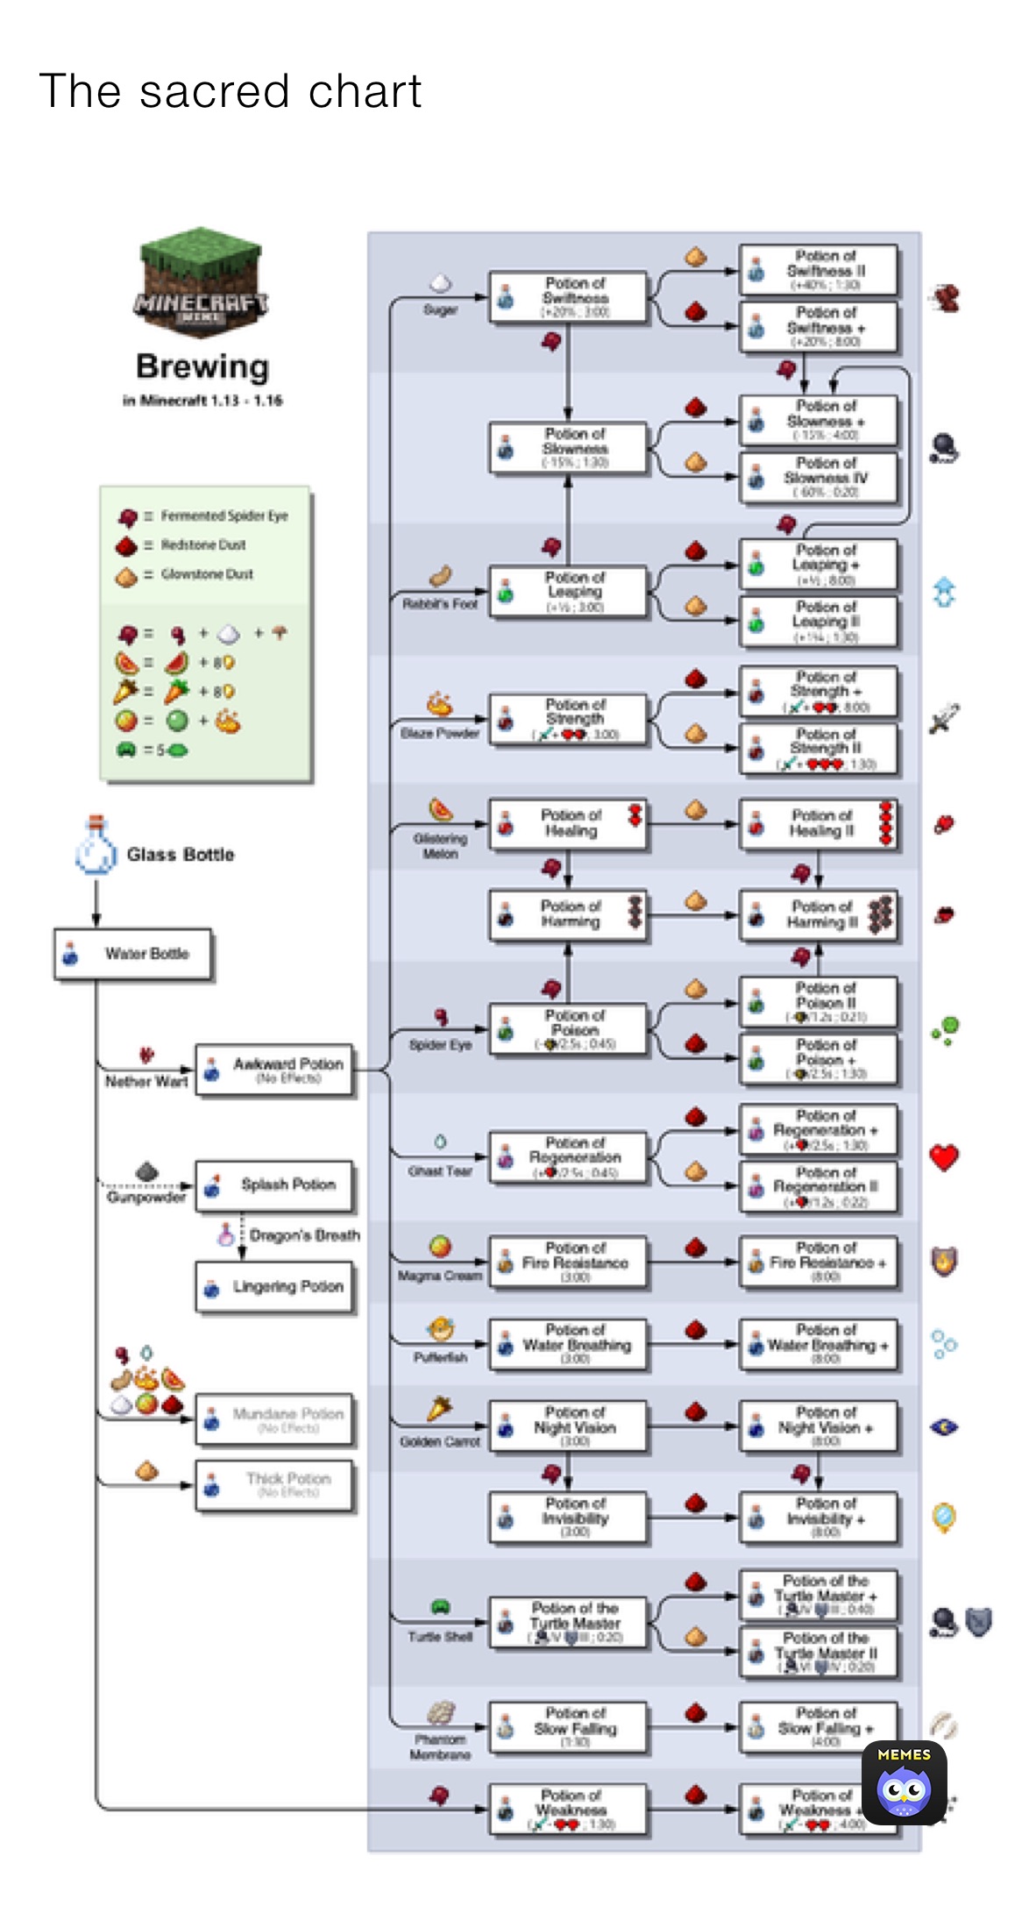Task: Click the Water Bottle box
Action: click(x=132, y=954)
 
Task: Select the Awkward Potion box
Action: click(x=274, y=1070)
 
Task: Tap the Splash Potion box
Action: click(x=274, y=1185)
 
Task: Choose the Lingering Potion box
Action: click(x=274, y=1287)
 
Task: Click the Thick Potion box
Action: click(x=274, y=1484)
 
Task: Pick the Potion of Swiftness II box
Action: click(x=818, y=270)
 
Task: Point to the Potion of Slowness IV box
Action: click(x=818, y=477)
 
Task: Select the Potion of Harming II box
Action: click(x=818, y=914)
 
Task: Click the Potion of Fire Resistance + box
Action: click(x=818, y=1262)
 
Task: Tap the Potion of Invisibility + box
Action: click(x=818, y=1518)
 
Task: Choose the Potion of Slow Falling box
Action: click(x=568, y=1727)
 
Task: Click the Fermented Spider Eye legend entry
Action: click(x=202, y=516)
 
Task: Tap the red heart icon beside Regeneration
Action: click(x=944, y=1157)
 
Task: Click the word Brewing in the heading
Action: click(x=202, y=366)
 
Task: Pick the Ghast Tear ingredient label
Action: click(x=440, y=1170)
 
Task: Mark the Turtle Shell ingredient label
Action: click(x=440, y=1636)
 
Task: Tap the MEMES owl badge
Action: click(x=904, y=1782)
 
